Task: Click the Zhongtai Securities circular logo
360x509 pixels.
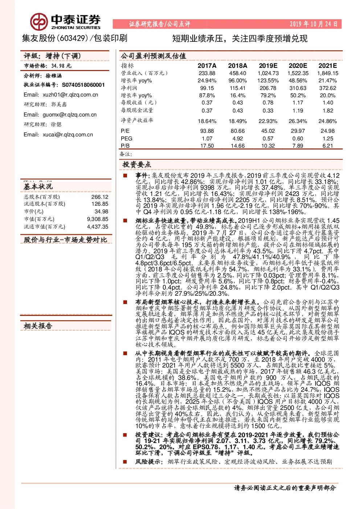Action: pos(39,22)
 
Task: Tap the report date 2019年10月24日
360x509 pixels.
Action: pos(314,24)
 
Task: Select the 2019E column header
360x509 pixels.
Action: pos(268,66)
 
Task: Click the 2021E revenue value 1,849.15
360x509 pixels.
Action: pos(328,73)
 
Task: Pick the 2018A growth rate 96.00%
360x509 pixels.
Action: pos(237,81)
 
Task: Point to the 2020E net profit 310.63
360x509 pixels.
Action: pos(298,88)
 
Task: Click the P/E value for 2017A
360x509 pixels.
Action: pos(207,131)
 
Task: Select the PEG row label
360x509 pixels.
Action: pos(126,138)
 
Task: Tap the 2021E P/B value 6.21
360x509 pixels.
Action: pos(327,145)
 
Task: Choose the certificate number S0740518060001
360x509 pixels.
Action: pos(83,85)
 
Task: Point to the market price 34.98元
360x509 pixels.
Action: pos(61,66)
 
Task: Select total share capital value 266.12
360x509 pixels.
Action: pos(100,197)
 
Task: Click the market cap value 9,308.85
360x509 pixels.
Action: pos(98,219)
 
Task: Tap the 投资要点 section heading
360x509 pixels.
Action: pos(136,164)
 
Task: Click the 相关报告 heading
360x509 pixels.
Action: pos(38,326)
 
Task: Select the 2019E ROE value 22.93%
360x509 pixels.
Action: pos(268,121)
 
